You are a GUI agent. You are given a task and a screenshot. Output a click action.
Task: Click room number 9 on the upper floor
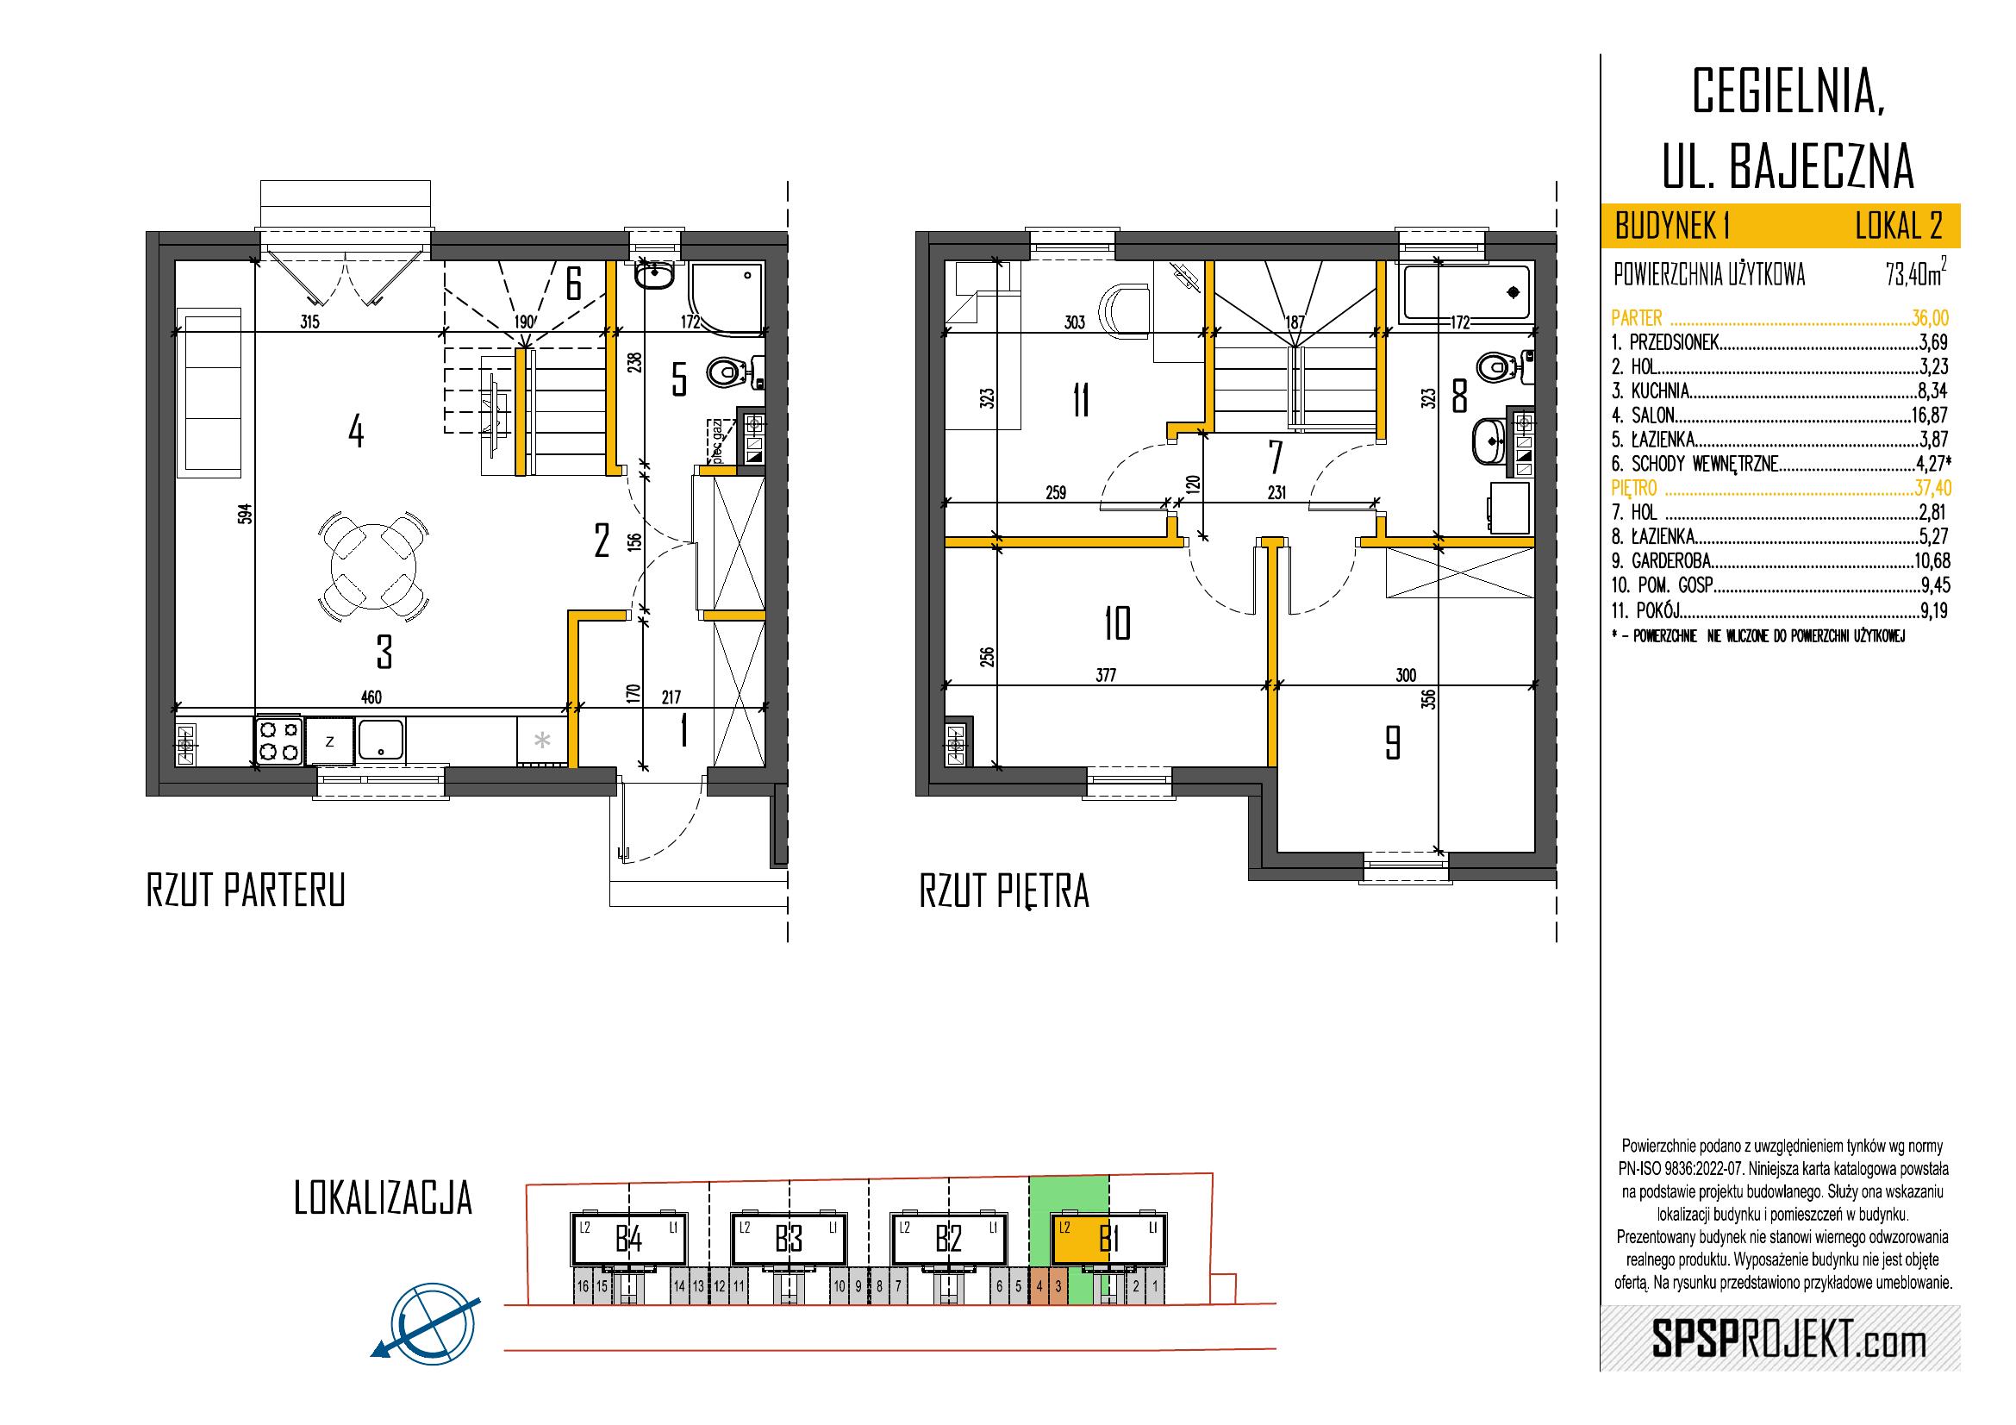(x=1392, y=743)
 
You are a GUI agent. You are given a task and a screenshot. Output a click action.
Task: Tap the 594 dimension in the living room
(x=247, y=514)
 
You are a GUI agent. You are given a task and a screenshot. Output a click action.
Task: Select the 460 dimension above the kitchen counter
(x=371, y=697)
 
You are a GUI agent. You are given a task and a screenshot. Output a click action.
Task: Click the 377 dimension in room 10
(x=1107, y=675)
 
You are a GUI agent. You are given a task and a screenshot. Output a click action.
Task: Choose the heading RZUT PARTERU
(x=246, y=891)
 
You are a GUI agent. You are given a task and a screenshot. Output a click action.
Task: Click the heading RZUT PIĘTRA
(x=1004, y=891)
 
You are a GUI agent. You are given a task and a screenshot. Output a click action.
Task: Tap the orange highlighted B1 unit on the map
(x=1081, y=1240)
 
